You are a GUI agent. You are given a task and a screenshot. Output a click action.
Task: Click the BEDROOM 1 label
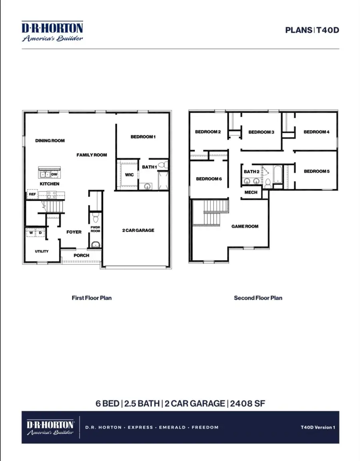pos(143,137)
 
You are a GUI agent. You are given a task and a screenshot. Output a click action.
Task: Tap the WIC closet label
pos(129,175)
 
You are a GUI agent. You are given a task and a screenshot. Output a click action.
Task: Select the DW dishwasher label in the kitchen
pos(54,174)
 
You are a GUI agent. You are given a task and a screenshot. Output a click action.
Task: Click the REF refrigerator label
pos(32,194)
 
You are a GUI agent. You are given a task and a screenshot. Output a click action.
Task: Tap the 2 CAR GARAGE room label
pos(138,230)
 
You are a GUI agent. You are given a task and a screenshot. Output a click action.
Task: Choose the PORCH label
pos(82,255)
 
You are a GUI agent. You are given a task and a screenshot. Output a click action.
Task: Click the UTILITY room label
pos(42,251)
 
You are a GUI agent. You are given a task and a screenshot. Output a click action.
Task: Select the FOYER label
pos(74,232)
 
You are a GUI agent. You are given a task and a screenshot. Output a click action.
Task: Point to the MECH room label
pos(251,192)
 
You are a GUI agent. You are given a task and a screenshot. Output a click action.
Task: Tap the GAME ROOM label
pos(245,226)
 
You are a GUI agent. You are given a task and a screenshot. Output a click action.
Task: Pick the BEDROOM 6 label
pos(209,179)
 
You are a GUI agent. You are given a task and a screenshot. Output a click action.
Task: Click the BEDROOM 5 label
pos(316,171)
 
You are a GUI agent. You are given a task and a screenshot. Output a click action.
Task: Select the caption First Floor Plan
pos(92,298)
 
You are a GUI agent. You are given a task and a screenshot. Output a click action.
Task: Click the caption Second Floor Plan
pos(258,298)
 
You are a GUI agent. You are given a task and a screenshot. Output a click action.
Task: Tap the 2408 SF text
pos(247,403)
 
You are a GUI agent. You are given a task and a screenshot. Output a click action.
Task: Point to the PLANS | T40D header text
pos(312,30)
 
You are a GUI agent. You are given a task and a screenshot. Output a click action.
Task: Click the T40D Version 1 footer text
pos(318,427)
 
